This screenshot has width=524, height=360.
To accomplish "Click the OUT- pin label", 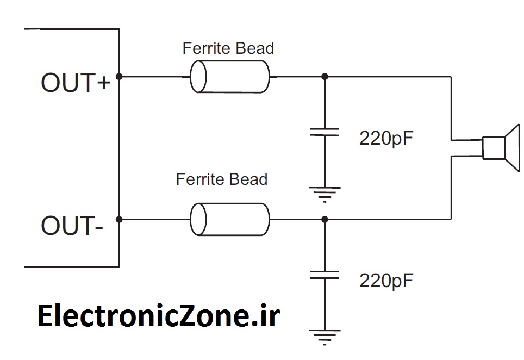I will click(71, 226).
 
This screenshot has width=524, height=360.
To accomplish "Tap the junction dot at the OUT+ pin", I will click(119, 77).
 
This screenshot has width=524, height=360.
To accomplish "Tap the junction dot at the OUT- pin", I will click(119, 219).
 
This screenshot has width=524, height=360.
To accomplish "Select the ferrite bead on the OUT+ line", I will click(229, 77).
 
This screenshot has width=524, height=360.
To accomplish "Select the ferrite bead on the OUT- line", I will click(229, 219).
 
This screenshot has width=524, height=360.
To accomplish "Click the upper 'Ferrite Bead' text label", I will click(228, 48).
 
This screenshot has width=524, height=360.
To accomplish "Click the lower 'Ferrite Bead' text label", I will click(221, 179).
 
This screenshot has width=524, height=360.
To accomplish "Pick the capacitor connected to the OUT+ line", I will click(325, 132).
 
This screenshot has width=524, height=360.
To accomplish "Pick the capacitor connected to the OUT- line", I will click(325, 275).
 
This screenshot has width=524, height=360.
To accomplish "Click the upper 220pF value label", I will click(386, 138).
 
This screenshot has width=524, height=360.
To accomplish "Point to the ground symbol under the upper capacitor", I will click(325, 193).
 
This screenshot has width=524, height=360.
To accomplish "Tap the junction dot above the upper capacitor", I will click(325, 77).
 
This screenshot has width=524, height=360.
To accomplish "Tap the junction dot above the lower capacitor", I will click(325, 219).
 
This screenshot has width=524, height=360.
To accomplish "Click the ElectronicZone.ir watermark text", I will click(158, 316).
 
